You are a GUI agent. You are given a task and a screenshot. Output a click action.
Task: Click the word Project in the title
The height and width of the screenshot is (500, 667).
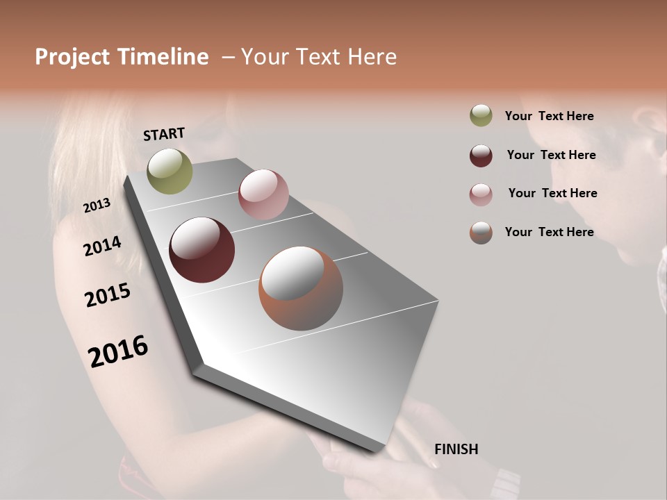pyautogui.click(x=72, y=57)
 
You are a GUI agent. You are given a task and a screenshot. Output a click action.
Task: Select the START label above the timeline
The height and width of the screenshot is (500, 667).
pyautogui.click(x=164, y=134)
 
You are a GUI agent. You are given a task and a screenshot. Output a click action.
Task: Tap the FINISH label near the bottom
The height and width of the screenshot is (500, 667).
pyautogui.click(x=456, y=449)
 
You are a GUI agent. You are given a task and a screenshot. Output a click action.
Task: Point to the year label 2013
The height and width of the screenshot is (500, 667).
pyautogui.click(x=97, y=206)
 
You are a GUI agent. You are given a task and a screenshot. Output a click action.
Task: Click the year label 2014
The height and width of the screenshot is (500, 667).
pyautogui.click(x=103, y=246)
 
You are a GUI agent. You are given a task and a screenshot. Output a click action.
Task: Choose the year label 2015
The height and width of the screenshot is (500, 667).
pyautogui.click(x=108, y=295)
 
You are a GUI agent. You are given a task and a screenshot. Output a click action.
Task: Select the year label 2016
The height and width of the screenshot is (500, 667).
pyautogui.click(x=118, y=351)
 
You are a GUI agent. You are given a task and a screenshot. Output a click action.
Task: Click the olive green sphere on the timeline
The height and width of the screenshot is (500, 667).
pyautogui.click(x=170, y=171)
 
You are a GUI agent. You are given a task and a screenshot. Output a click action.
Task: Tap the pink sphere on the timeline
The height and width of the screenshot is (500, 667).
pyautogui.click(x=263, y=194)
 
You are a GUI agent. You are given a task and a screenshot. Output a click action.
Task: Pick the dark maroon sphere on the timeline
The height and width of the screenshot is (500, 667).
pyautogui.click(x=201, y=250)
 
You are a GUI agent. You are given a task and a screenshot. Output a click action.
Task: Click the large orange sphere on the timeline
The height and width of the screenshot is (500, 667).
pyautogui.click(x=301, y=288)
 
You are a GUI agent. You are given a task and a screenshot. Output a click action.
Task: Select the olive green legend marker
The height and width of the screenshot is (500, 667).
pyautogui.click(x=481, y=116)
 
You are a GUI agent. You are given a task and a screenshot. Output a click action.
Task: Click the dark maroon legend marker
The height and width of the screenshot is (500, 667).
pyautogui.click(x=481, y=156)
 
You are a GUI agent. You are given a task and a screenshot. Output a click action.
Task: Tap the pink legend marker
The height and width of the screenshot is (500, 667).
pyautogui.click(x=481, y=194)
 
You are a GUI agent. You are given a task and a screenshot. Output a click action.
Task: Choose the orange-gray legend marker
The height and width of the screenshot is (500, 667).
pyautogui.click(x=481, y=233)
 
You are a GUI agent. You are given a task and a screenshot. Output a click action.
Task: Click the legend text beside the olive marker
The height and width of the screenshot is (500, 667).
pyautogui.click(x=549, y=117)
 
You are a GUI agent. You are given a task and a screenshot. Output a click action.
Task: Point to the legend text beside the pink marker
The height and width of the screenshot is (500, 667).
pyautogui.click(x=552, y=193)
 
